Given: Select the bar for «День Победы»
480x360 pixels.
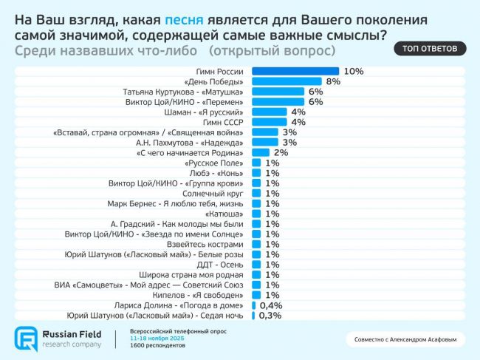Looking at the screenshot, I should coord(287,81).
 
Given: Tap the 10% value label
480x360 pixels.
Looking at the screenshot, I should coord(354,71).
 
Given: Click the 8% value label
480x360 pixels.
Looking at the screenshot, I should coord(332,81).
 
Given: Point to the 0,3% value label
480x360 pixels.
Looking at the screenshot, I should coord(270,315).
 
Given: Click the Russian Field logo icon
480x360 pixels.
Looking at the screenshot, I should coord(26,338).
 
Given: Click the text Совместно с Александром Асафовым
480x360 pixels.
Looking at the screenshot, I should coord(407,341).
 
